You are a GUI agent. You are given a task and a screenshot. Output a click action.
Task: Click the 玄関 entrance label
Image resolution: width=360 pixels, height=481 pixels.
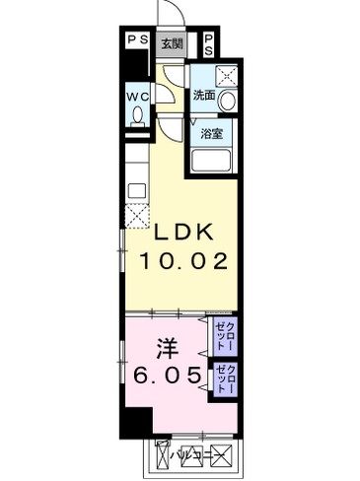pyautogui.click(x=172, y=43)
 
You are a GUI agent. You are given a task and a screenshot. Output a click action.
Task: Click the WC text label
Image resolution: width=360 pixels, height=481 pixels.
pyautogui.click(x=137, y=98)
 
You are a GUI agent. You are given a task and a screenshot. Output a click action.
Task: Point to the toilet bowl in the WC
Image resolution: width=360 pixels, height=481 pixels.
pyautogui.click(x=136, y=116)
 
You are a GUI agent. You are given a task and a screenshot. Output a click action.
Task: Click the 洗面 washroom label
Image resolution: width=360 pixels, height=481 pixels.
pyautogui.click(x=205, y=96)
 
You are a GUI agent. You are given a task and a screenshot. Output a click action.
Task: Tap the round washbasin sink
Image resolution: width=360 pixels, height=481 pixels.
pyautogui.click(x=227, y=100)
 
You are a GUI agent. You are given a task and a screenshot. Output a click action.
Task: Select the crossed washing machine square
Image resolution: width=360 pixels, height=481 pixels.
pyautogui.click(x=227, y=75)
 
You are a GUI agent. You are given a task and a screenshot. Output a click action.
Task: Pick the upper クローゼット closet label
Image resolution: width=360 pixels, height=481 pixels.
pyautogui.click(x=223, y=335)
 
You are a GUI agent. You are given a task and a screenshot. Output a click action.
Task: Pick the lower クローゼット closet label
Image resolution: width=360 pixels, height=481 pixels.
pyautogui.click(x=223, y=379)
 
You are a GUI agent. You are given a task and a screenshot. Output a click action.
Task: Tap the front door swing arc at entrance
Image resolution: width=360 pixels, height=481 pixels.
pyautogui.click(x=170, y=15)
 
